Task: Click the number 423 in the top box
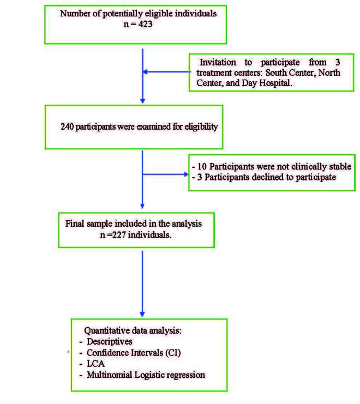point(148,23)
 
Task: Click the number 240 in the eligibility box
point(68,126)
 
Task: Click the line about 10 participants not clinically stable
point(272,166)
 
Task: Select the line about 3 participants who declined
point(264,177)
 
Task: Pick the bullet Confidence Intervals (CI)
point(134,352)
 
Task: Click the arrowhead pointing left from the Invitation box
point(145,71)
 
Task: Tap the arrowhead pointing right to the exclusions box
point(185,174)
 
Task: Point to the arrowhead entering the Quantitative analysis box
point(142,313)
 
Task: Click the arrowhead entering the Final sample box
point(142,207)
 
